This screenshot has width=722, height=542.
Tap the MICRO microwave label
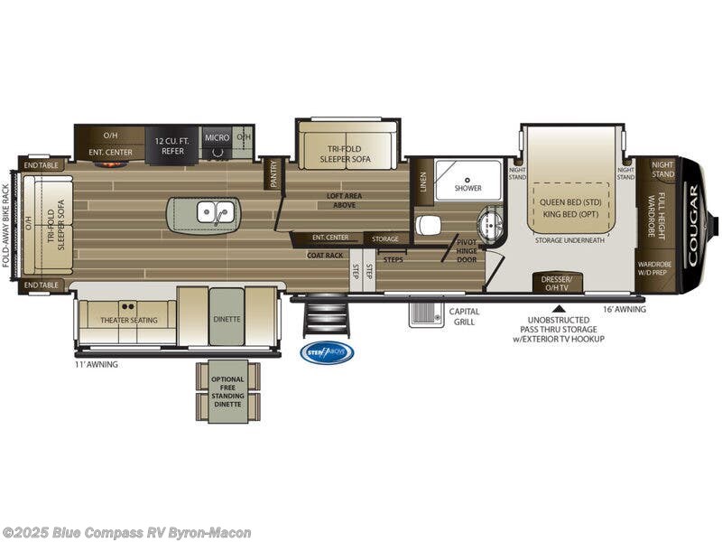point(216,137)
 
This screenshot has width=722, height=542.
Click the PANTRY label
point(273,173)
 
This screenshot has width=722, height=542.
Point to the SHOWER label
point(467,188)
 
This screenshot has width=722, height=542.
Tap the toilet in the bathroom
point(427,225)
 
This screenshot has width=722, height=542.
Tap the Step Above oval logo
point(327,353)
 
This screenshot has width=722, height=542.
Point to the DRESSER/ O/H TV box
point(556,283)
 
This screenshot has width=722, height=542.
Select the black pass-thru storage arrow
point(557,308)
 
